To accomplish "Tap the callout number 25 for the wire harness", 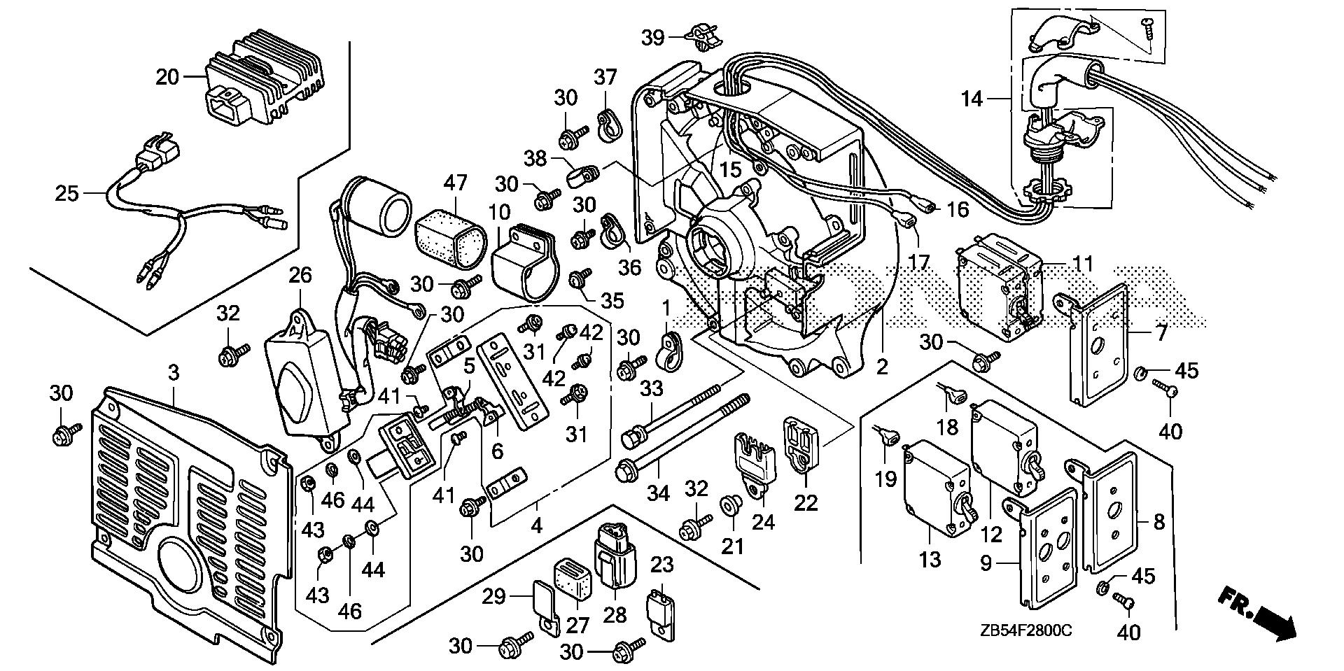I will coord(67,192).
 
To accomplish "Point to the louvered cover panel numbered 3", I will coord(189,504).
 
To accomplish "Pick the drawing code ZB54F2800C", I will coord(1026,631).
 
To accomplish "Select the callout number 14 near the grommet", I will coord(972,99).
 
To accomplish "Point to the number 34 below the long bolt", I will coord(658,494).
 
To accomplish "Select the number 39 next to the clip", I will coord(653,37).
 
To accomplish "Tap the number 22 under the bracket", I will coord(806,502).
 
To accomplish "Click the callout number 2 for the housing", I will coord(882,367).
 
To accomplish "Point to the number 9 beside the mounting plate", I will coord(986,563).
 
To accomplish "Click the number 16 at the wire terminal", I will coord(958,209).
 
